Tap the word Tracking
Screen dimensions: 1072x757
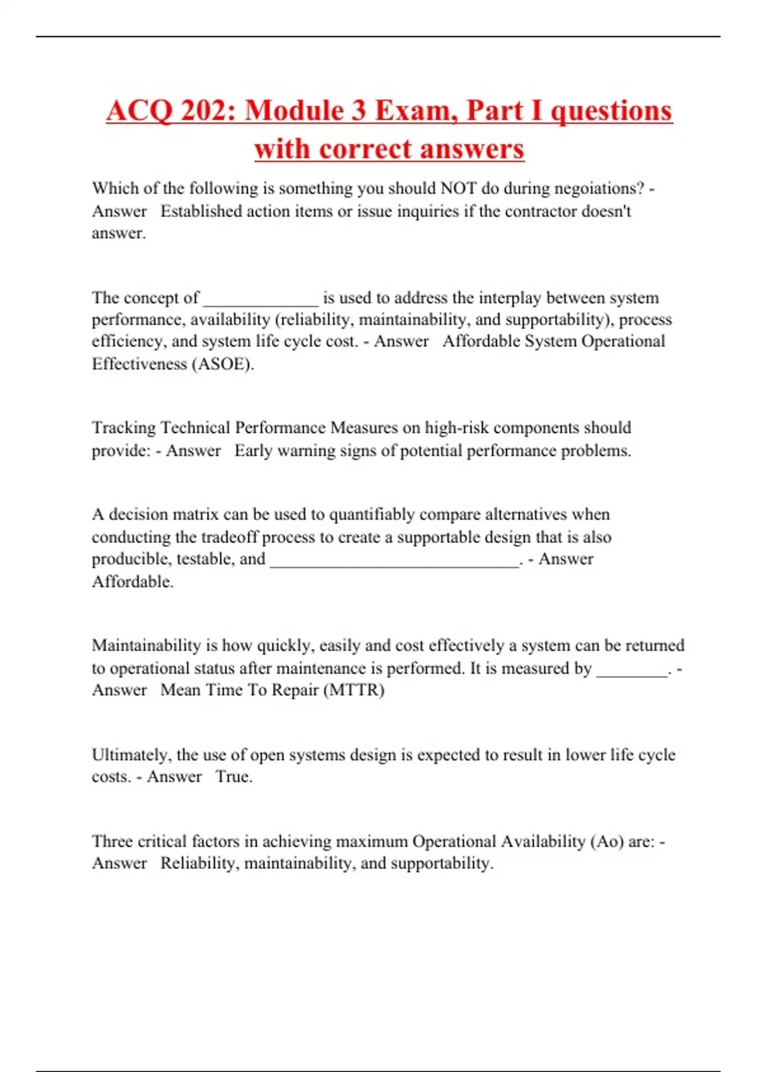tap(124, 428)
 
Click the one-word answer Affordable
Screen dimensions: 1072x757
tap(132, 582)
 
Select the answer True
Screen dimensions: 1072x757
tap(233, 777)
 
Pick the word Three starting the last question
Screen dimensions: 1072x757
tap(112, 842)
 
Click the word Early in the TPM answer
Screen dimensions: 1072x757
tap(253, 451)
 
